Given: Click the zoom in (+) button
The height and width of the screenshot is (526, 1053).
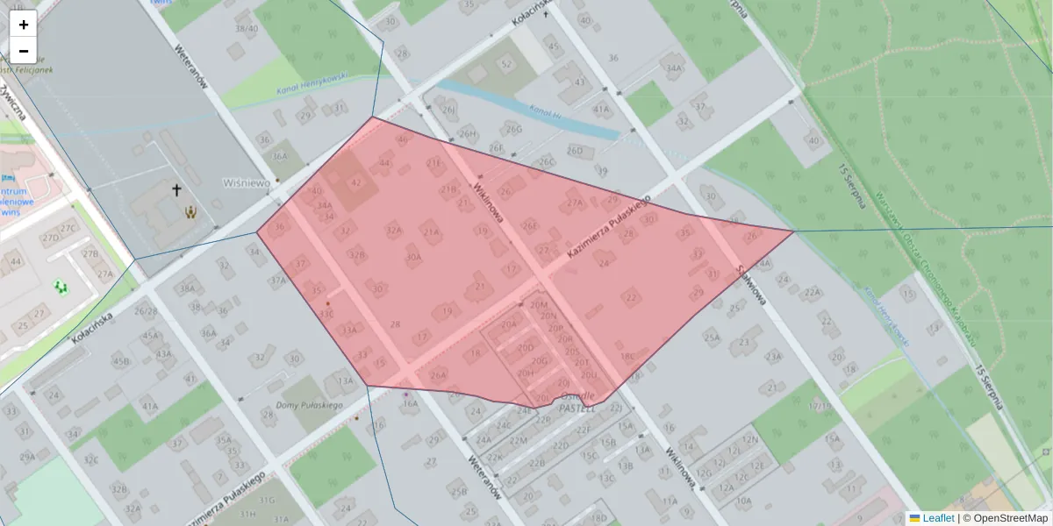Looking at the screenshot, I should point(24,25).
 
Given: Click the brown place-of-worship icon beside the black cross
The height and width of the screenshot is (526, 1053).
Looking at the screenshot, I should point(190,211).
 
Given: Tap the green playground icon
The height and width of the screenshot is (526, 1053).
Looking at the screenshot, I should point(61,287).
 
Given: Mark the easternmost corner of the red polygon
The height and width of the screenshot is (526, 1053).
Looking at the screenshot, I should point(793,231).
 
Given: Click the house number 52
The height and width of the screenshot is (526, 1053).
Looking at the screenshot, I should point(505,64).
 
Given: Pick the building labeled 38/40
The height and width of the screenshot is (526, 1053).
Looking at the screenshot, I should point(247,29).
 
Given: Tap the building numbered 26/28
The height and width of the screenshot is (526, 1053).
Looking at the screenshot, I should point(146,310).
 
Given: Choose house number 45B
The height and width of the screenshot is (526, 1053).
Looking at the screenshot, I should point(121,361).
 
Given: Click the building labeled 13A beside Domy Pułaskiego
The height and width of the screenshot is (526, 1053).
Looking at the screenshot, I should point(345,380).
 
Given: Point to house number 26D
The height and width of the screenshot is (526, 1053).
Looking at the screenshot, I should point(575,151).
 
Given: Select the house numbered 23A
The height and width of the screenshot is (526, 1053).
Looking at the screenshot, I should point(772,357).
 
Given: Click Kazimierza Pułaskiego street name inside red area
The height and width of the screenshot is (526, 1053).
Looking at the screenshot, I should point(607,225).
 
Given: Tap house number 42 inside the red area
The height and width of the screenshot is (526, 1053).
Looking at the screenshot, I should point(355,182).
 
